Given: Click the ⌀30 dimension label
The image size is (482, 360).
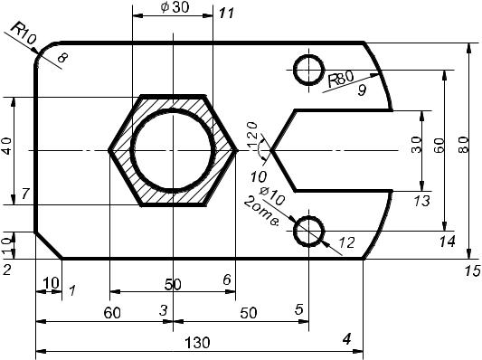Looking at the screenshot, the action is point(175,7).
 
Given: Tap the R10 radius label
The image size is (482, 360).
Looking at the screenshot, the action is point(24,33).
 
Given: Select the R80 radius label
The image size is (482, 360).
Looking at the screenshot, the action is point(341,79).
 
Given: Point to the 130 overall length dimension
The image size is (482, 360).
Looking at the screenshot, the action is point(198,343).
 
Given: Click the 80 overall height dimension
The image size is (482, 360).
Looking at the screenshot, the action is point(464,145).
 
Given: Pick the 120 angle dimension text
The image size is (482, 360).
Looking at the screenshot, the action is point(252,135).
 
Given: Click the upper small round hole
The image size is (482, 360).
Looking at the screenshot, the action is point(309,70).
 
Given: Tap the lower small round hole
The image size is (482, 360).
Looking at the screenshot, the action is point(309,232).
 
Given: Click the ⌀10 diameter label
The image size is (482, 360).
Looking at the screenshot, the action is point(272,196).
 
